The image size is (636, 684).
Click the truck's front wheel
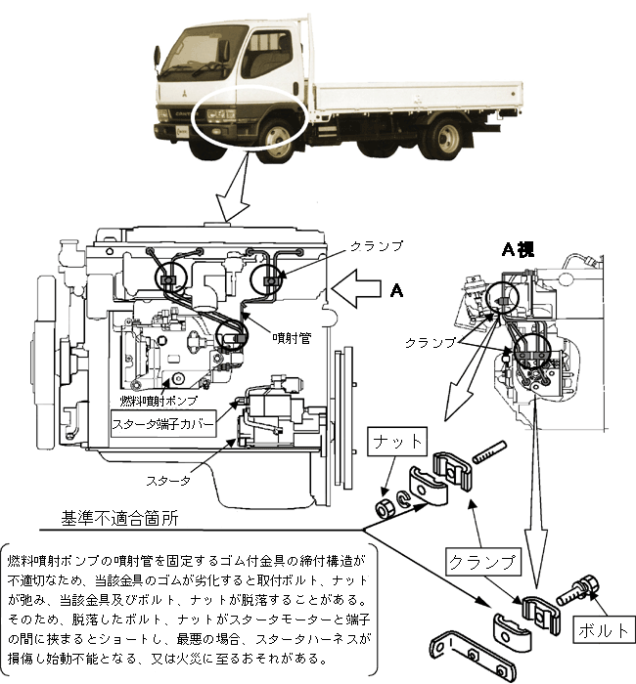(x=279, y=137)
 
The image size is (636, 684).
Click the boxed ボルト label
(x=603, y=630)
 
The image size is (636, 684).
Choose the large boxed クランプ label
(x=481, y=562)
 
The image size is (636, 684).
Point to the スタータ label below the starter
(x=168, y=481)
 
